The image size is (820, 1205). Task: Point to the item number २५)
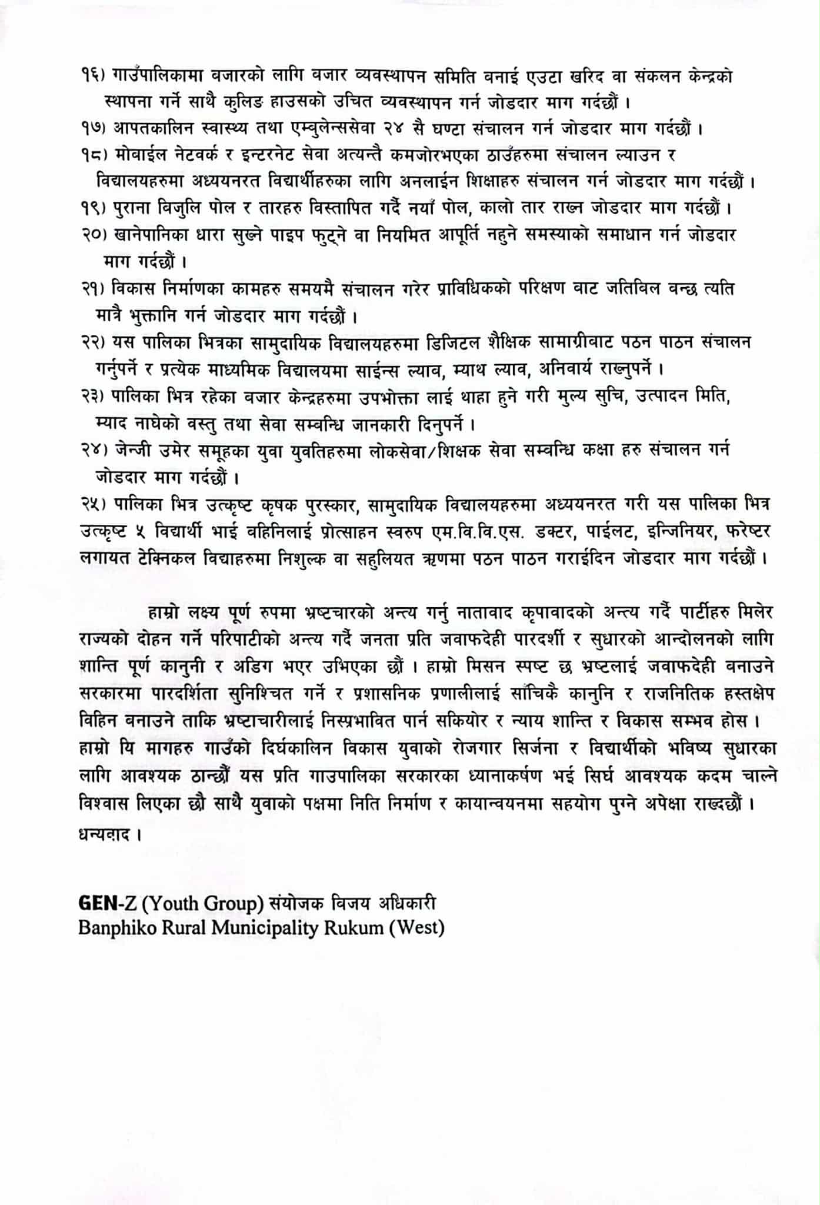(94, 504)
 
